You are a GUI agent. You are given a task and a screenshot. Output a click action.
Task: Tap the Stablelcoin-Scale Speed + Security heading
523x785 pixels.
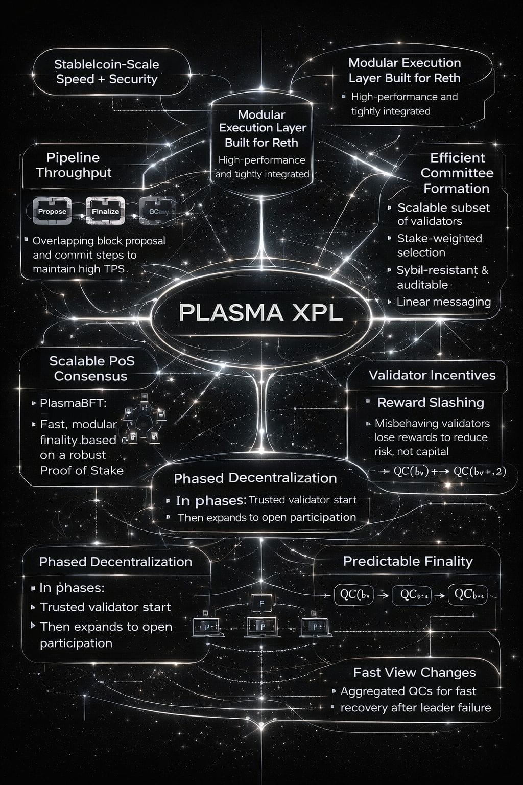point(107,72)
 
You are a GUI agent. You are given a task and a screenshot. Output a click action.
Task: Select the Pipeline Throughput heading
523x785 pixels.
point(74,165)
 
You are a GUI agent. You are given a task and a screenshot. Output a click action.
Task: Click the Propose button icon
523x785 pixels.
point(52,211)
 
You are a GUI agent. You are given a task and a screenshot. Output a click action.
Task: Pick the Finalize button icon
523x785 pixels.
point(105,211)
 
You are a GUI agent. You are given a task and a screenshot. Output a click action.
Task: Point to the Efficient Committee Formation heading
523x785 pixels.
point(457,173)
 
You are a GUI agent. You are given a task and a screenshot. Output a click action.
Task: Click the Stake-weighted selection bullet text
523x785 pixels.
point(439,245)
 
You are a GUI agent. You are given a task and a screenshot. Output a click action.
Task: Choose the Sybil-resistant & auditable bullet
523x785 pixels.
point(442,277)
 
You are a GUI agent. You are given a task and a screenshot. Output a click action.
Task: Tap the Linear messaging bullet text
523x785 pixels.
point(443,302)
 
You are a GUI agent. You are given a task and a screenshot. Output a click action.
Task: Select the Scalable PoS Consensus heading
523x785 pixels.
point(91,368)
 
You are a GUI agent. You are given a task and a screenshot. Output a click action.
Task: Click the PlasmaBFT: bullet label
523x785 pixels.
point(73,403)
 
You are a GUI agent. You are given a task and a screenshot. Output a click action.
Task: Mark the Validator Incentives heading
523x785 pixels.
point(432,375)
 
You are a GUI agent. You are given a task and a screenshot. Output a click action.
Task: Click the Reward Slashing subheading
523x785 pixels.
point(431,403)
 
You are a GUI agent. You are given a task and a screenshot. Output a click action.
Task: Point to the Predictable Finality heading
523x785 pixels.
point(408,561)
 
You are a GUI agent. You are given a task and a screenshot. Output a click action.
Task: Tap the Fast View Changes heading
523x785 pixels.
point(414,673)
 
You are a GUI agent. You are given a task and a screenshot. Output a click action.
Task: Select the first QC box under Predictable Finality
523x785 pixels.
point(354,595)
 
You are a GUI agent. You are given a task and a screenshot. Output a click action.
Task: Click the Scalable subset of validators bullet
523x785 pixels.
point(443,214)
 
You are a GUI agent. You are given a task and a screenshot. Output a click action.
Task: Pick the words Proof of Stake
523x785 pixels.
point(82,470)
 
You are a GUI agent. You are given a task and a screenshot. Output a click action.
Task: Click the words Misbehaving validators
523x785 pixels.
point(432,423)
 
